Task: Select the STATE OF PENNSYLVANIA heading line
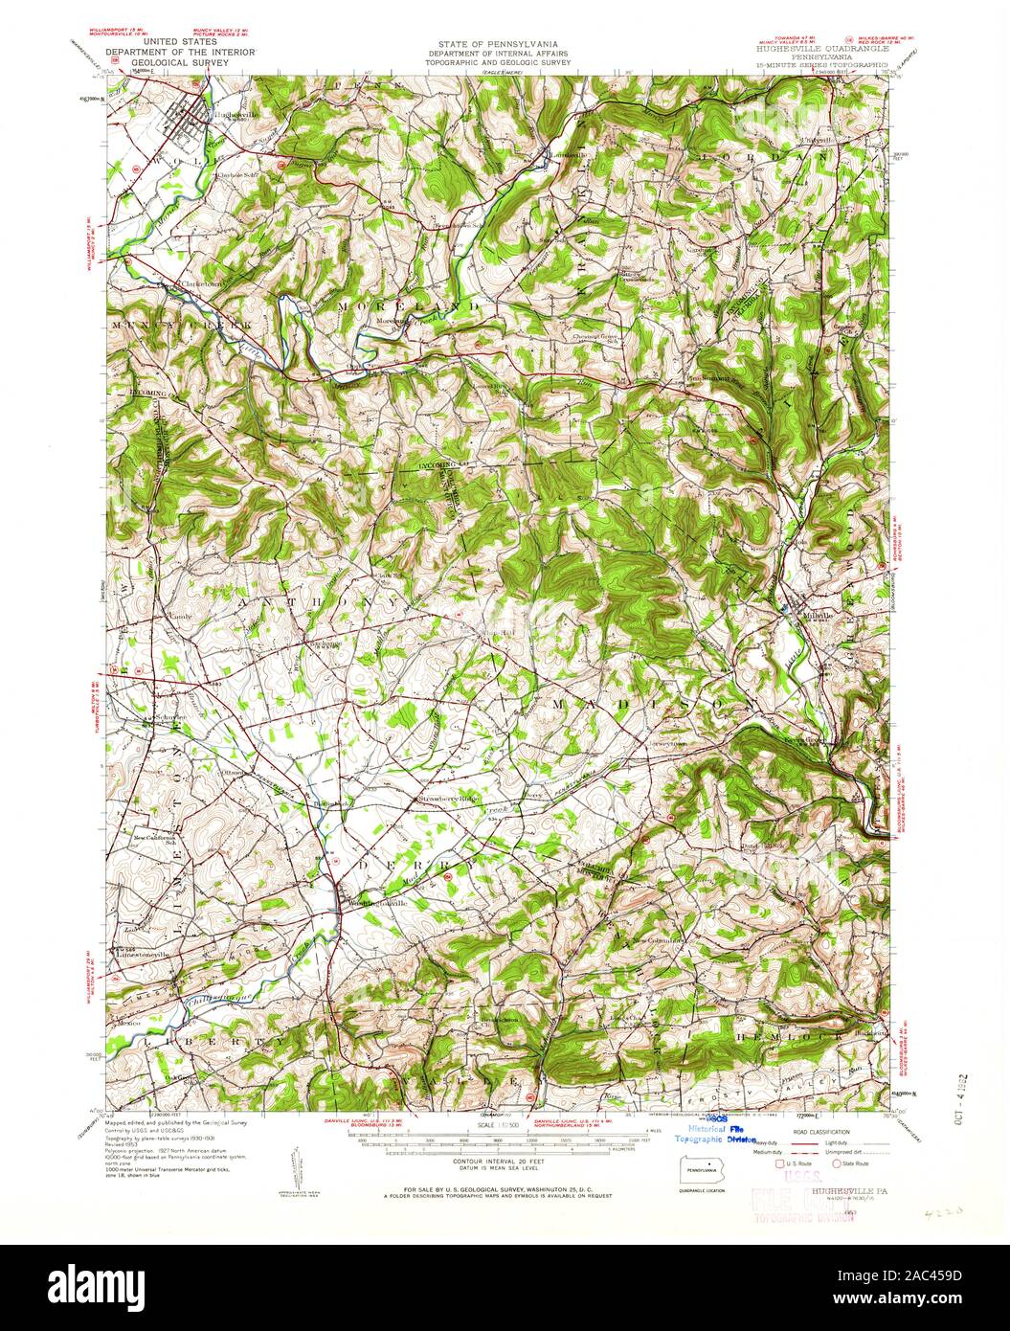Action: (498, 44)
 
